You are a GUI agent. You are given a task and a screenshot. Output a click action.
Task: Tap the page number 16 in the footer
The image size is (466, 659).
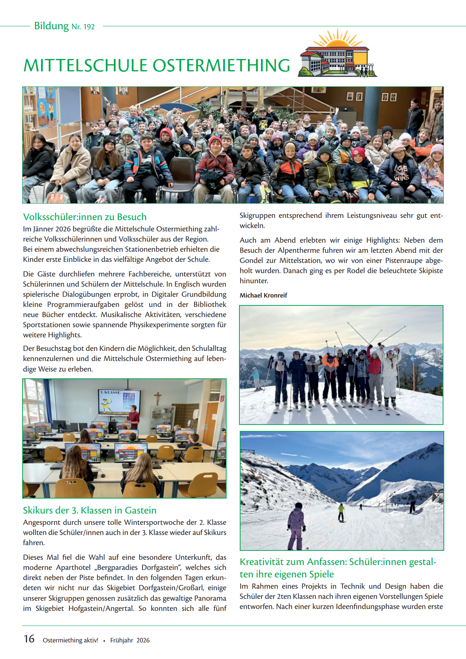point(29,639)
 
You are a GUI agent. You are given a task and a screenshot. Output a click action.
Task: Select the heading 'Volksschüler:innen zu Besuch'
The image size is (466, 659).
point(85,217)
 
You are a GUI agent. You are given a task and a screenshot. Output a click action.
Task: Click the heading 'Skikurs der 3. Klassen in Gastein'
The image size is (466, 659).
point(89,510)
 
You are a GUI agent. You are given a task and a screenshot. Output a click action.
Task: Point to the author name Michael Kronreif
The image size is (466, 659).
point(263,295)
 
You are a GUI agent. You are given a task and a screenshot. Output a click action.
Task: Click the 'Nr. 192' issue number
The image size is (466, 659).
point(83,27)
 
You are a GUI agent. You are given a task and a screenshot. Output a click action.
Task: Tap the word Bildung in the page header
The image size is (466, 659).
point(51,26)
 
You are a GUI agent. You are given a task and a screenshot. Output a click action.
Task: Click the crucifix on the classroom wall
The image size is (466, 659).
point(158,398)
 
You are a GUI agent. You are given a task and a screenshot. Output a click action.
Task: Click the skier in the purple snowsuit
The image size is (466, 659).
point(296,526)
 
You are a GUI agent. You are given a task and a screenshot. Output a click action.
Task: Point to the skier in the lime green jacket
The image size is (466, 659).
point(341,512)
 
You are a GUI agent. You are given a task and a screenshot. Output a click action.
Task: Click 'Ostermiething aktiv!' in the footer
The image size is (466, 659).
point(70,640)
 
